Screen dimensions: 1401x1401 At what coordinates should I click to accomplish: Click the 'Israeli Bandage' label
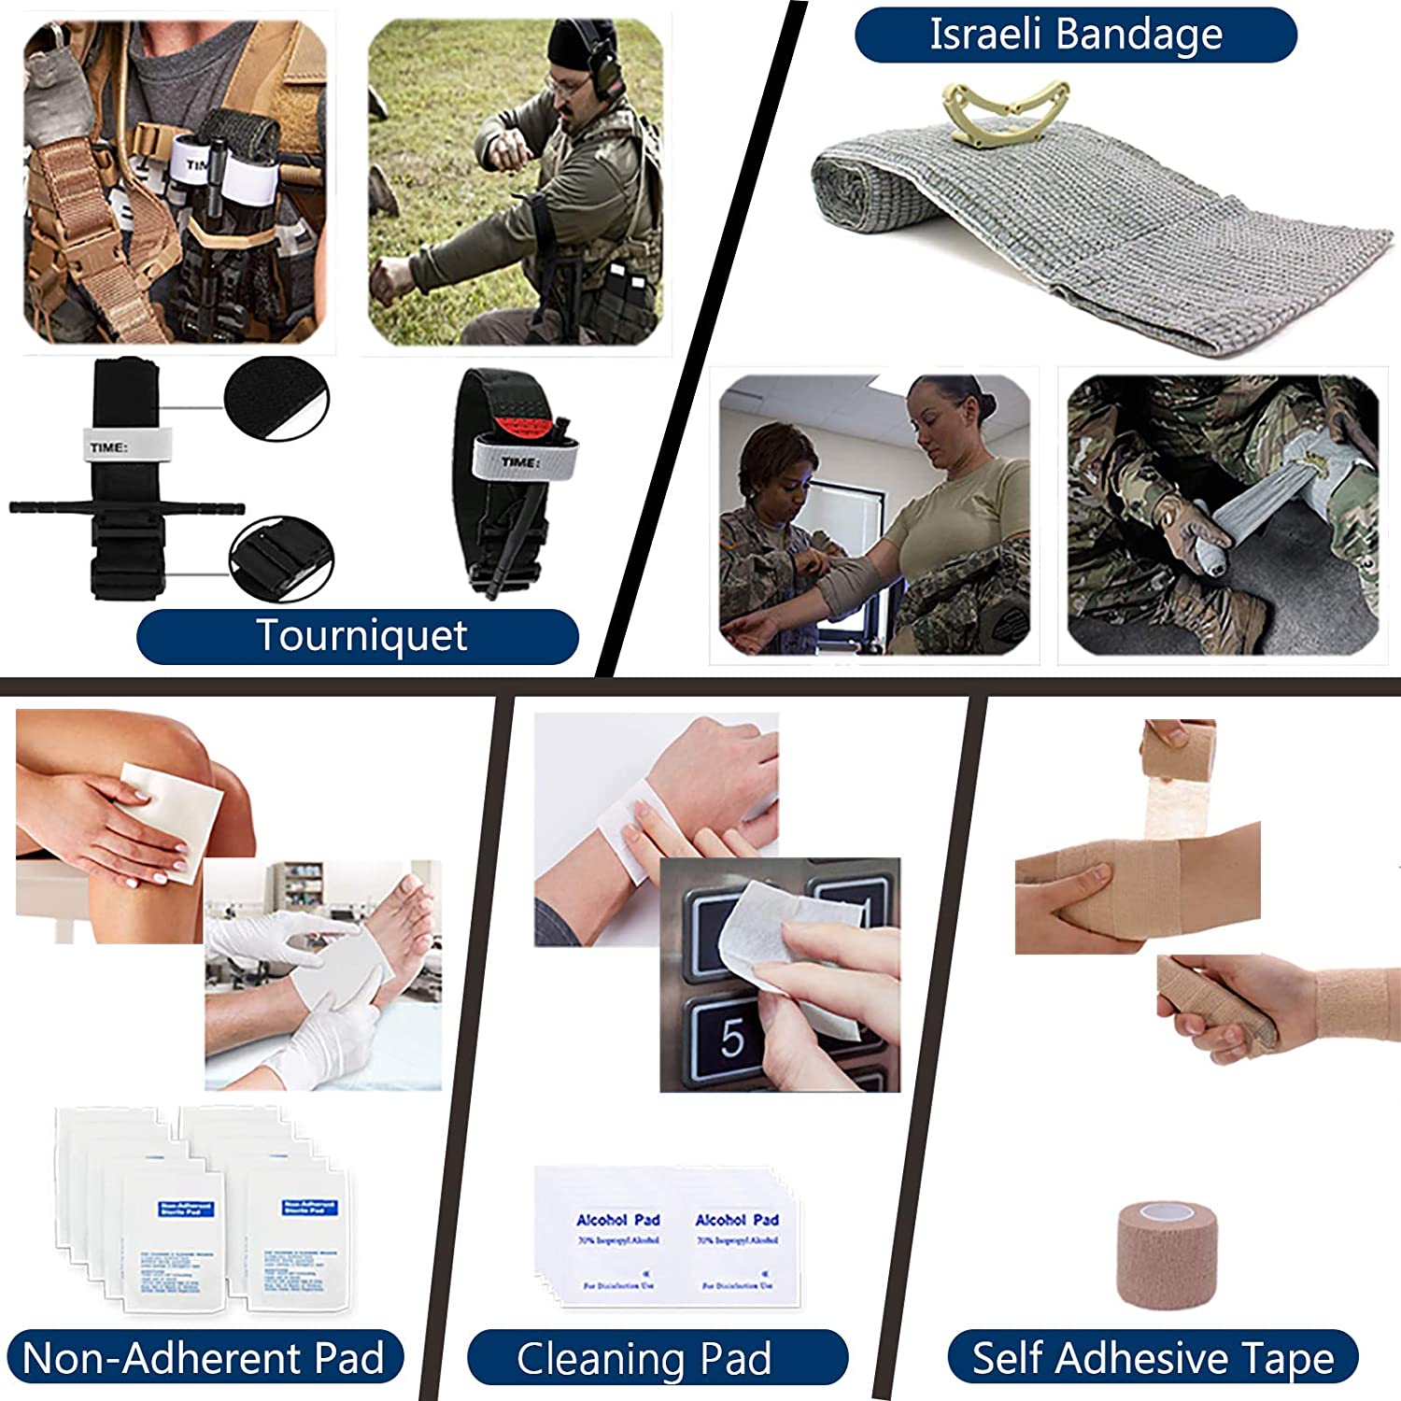tap(1075, 35)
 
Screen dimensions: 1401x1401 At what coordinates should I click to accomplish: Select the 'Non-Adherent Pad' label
tap(203, 1358)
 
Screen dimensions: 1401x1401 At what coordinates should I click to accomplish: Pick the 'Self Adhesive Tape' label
tap(1153, 1358)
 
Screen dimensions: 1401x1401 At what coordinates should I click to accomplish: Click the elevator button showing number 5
tap(733, 1039)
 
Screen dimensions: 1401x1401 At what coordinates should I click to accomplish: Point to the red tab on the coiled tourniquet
tap(523, 429)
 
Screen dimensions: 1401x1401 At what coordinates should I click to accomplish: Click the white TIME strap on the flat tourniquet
tap(127, 446)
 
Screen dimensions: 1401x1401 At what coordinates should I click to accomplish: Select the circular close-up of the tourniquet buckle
tap(280, 559)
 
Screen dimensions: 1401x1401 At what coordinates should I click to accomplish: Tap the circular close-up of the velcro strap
tap(276, 398)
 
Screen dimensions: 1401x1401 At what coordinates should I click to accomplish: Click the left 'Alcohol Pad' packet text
tap(617, 1220)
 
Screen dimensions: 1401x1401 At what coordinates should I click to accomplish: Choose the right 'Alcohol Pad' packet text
tap(737, 1220)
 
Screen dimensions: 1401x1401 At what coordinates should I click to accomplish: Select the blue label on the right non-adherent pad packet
tap(308, 1208)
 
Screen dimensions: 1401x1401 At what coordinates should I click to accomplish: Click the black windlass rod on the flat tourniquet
tap(126, 508)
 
